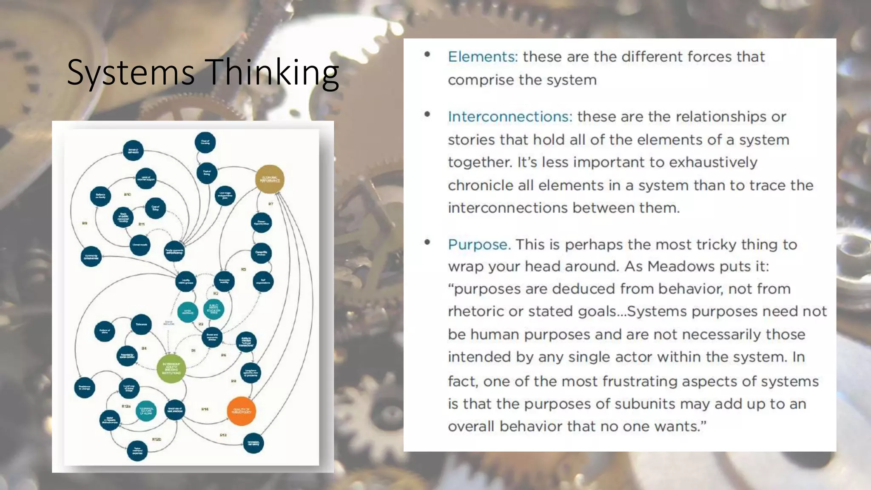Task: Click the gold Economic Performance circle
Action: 270,179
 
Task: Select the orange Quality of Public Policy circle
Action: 241,411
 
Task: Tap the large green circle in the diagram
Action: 171,369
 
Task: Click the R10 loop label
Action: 128,194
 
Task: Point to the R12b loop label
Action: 157,439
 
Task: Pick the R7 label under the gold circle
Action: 270,204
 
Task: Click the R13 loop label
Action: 223,435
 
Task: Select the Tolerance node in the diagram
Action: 141,325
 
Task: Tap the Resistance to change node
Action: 85,387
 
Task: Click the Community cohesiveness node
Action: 91,257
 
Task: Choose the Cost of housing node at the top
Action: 205,142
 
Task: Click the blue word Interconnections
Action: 510,117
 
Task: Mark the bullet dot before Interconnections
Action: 427,114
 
